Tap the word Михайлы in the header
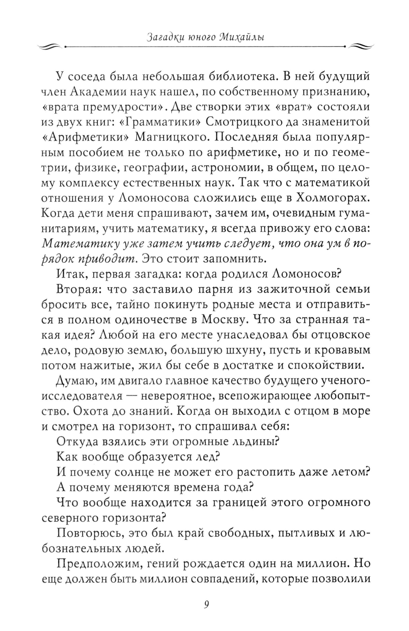[241, 38]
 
